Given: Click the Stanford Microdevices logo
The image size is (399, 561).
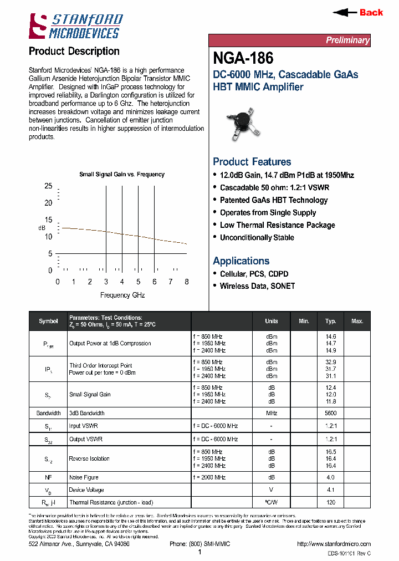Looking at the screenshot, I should (x=75, y=26).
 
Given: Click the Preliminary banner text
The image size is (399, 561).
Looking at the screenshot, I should (x=347, y=40).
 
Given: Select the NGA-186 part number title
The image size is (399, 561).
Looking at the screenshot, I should (x=243, y=58).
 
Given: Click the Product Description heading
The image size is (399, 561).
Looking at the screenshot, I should (x=74, y=52).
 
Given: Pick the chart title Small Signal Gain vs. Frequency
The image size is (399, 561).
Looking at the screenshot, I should (x=122, y=174).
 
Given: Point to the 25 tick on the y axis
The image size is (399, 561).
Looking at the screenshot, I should (x=48, y=186).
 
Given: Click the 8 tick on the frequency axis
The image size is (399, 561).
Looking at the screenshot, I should (x=187, y=282).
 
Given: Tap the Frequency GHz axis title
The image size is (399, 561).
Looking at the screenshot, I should (x=122, y=295).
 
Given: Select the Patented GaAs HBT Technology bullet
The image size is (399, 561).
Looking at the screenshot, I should (x=274, y=200).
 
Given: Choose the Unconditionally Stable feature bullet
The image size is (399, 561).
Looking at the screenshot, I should (x=257, y=238).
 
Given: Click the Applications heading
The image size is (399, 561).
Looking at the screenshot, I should (x=241, y=261).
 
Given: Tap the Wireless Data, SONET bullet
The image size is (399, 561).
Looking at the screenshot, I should (x=257, y=286).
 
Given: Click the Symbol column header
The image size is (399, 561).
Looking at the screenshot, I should (x=48, y=321).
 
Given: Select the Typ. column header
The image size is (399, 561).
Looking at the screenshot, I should (x=331, y=321).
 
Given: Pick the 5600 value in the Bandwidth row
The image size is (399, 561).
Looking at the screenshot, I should (x=331, y=414).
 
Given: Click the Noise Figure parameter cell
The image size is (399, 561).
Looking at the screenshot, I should (x=84, y=477).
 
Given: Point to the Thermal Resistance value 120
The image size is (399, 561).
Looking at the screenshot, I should (x=331, y=502).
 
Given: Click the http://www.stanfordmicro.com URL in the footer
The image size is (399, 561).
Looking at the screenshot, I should (x=334, y=544).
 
